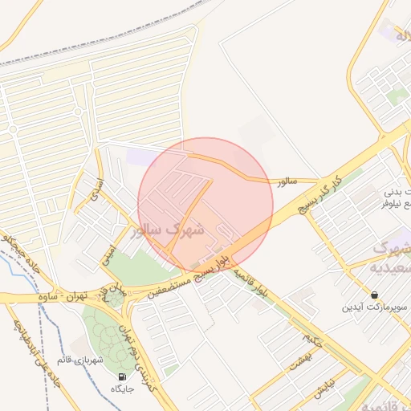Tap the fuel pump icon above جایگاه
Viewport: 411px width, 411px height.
pos(122,376)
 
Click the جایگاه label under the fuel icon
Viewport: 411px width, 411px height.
pos(123,389)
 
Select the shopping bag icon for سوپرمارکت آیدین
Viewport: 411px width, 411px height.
pos(375,295)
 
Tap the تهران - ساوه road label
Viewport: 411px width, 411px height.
pos(63,296)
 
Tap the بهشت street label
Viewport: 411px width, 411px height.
pos(299,361)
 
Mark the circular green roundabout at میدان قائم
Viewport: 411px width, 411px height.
pos(114,299)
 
